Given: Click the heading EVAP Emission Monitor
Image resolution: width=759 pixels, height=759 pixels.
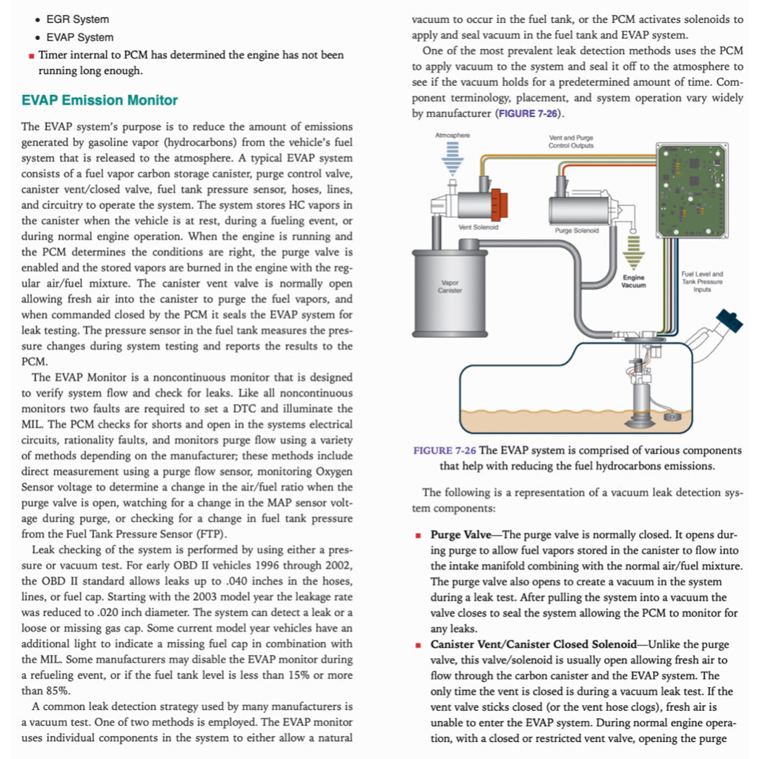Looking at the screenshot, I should coord(99,100).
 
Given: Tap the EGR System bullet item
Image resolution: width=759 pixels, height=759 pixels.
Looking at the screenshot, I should coord(77,19).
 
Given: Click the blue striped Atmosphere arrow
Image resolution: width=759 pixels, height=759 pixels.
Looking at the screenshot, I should coord(452,160).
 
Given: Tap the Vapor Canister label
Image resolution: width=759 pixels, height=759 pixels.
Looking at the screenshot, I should coord(450,286).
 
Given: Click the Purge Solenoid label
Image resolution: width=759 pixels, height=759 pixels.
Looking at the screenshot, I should coord(577,230).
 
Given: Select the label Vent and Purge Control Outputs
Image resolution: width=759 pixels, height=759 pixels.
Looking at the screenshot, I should coord(571,142).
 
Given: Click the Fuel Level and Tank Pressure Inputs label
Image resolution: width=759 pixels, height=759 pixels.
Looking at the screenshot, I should coord(702,282).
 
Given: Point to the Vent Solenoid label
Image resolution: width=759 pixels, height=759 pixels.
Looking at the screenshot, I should coord(478,227).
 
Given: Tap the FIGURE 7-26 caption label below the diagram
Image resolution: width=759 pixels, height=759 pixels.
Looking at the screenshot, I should coord(444,451).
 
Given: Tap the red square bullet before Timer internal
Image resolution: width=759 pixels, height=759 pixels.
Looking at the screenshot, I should coord(30,55).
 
